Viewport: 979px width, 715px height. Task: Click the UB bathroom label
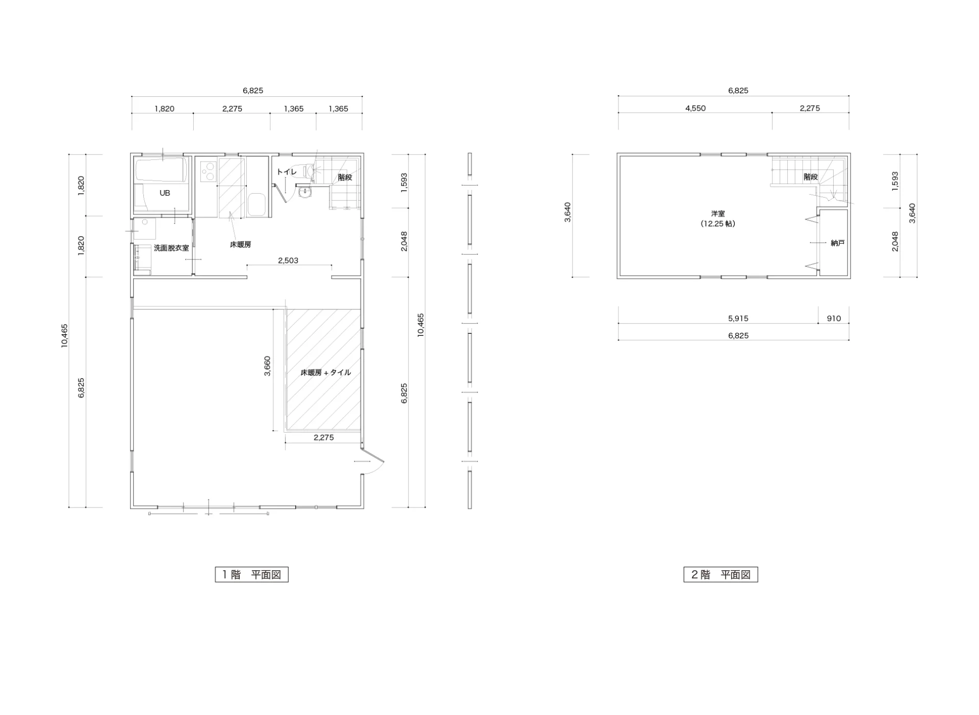click(165, 193)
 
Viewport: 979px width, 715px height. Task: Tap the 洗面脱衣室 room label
click(171, 248)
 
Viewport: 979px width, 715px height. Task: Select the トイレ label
click(287, 172)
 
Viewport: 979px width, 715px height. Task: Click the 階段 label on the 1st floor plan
click(345, 177)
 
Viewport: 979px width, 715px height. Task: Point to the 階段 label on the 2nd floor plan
click(811, 177)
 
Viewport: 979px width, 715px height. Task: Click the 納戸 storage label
click(838, 243)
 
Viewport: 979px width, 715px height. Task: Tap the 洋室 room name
click(718, 214)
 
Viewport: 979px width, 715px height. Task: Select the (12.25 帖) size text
click(718, 224)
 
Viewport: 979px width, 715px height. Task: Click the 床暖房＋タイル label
click(326, 373)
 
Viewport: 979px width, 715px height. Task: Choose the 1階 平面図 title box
click(252, 574)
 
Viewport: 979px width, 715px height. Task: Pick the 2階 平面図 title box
click(720, 574)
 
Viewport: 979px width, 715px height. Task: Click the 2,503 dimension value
click(288, 260)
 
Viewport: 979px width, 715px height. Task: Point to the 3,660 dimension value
click(267, 366)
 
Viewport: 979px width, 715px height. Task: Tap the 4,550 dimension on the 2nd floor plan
click(695, 108)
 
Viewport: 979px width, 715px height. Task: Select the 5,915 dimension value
click(738, 319)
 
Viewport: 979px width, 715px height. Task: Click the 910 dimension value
click(834, 319)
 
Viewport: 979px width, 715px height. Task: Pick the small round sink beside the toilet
click(305, 193)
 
